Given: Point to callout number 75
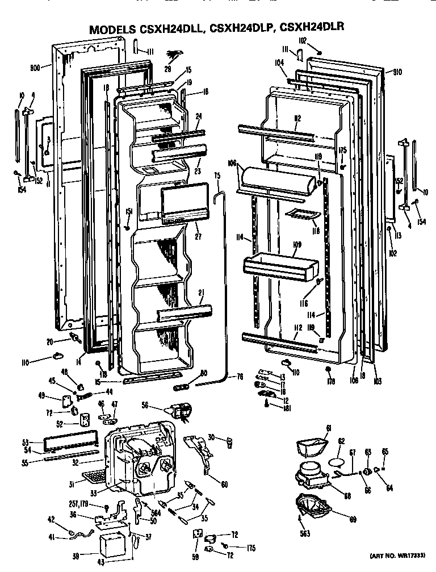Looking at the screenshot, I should tap(217, 176).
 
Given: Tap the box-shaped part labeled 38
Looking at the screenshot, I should tap(114, 546).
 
